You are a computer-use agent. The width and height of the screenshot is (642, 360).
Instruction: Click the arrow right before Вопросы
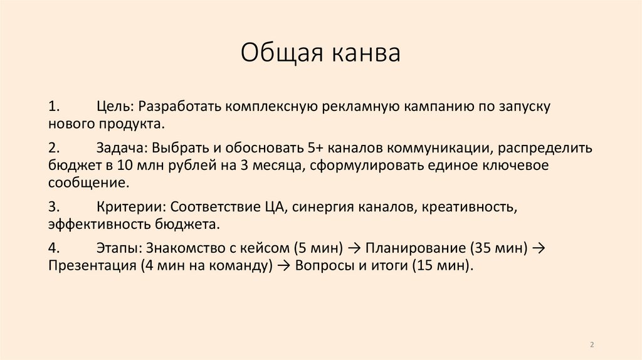[282, 265]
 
